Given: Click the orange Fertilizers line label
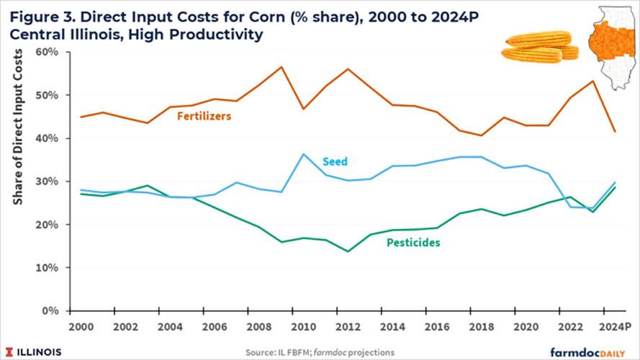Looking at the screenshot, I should pyautogui.click(x=204, y=115).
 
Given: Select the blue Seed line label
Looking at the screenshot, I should pyautogui.click(x=335, y=161).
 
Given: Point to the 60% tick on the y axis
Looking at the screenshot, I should pyautogui.click(x=48, y=52).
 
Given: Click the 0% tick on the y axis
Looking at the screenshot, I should pyautogui.click(x=51, y=311).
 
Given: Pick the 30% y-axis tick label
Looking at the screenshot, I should pyautogui.click(x=48, y=181).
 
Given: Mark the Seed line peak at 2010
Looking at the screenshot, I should pyautogui.click(x=303, y=154).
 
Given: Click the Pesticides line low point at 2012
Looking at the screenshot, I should pyautogui.click(x=348, y=251).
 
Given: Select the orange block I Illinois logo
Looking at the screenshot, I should pyautogui.click(x=9, y=351).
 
